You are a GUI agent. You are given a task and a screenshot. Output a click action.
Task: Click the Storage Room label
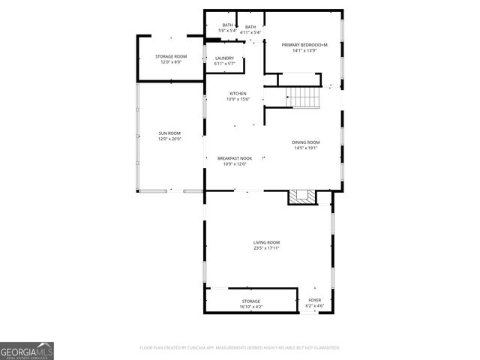[171, 57]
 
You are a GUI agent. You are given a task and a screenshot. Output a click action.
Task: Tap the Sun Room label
[169, 133]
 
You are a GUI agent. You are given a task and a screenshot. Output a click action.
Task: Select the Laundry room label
[224, 58]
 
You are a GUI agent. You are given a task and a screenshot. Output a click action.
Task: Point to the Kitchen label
[238, 94]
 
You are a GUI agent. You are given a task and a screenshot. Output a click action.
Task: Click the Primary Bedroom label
[304, 45]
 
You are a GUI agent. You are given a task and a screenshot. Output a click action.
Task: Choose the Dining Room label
[305, 142]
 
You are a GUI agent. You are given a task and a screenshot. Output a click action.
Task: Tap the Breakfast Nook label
[235, 158]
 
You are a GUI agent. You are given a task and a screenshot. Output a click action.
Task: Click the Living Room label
[266, 242]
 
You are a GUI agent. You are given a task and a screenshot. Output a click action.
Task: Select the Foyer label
[315, 301]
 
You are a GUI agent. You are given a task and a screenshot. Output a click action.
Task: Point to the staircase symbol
[302, 97]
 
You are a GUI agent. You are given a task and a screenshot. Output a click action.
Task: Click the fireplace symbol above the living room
[304, 196]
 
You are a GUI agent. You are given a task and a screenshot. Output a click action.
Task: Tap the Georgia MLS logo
[27, 350]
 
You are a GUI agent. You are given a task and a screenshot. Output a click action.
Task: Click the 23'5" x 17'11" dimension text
[266, 247]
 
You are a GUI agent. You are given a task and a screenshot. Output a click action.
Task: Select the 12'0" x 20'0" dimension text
[169, 139]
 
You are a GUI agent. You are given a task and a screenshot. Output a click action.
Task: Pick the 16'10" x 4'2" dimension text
[251, 306]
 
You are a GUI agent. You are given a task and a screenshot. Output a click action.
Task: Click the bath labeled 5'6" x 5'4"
[227, 28]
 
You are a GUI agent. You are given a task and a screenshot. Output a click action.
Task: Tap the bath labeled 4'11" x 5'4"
[250, 29]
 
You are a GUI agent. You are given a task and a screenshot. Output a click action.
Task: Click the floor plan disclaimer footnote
[240, 348]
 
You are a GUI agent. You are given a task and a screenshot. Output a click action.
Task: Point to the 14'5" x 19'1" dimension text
[305, 148]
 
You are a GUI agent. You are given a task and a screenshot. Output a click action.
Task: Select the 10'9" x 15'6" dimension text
[238, 99]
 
